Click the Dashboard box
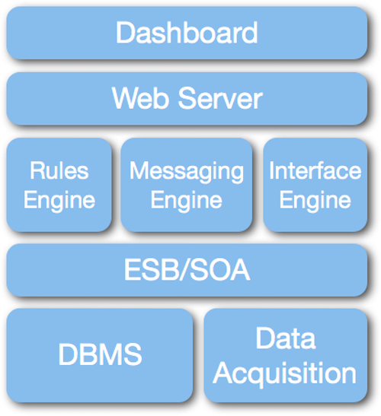pyautogui.click(x=187, y=33)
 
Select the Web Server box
pyautogui.click(x=187, y=98)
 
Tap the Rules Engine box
pyautogui.click(x=59, y=185)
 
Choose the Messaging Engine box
pyautogui.click(x=187, y=185)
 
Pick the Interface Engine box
pyautogui.click(x=315, y=185)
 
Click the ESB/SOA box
pyautogui.click(x=187, y=270)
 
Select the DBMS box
pyautogui.click(x=100, y=355)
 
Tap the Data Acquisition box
pyautogui.click(x=286, y=355)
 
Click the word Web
pyautogui.click(x=140, y=98)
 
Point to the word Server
pyautogui.click(x=220, y=98)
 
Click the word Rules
pyautogui.click(x=59, y=170)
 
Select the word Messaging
pyautogui.click(x=187, y=172)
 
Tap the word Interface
pyautogui.click(x=315, y=170)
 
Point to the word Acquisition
pyautogui.click(x=284, y=373)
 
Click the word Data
pyautogui.click(x=286, y=338)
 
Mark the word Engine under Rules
pyautogui.click(x=59, y=201)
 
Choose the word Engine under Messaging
pyautogui.click(x=187, y=201)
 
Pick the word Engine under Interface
pyautogui.click(x=315, y=201)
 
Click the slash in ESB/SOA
pyautogui.click(x=186, y=270)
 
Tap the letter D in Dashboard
pyautogui.click(x=125, y=32)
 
